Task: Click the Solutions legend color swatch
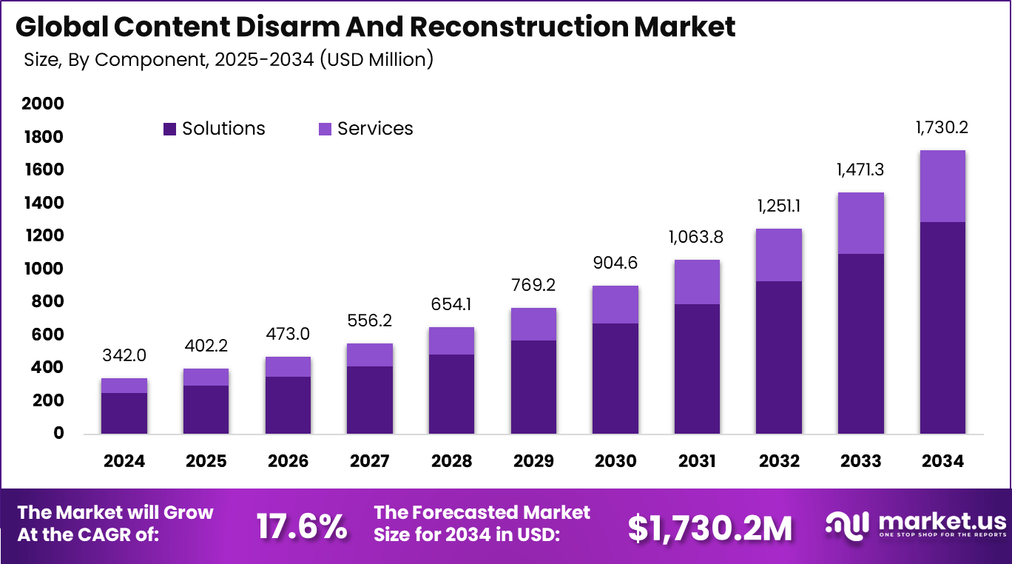coord(170,129)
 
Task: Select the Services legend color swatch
coord(325,129)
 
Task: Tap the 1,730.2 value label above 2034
coord(942,127)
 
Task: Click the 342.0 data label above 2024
coord(124,355)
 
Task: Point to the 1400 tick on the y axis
coord(43,203)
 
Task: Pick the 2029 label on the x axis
coord(533,461)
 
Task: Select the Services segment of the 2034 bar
coord(942,186)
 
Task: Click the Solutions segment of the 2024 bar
coord(124,413)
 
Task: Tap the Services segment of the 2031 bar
coord(697,282)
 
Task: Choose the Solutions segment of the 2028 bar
coord(451,394)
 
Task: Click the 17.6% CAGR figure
coord(302,526)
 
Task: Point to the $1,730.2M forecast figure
coord(709,528)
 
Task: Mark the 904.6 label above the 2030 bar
coord(615,263)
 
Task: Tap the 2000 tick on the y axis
coord(43,104)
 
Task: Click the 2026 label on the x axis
coord(288,461)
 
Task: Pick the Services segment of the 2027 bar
coord(370,355)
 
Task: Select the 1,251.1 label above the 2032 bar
coord(778,207)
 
